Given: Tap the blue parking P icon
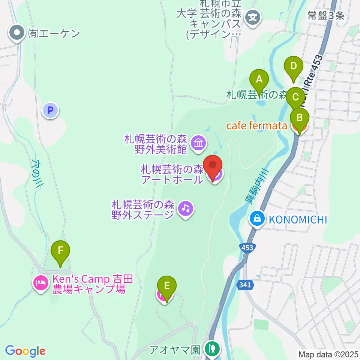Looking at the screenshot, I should click(51, 110).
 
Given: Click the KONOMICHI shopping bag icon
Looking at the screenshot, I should click(257, 219).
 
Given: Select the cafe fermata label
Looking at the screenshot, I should click(256, 126).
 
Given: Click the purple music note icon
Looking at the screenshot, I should click(185, 207).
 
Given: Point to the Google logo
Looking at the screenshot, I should click(25, 351).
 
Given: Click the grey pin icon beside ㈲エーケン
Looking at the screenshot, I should click(17, 33).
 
